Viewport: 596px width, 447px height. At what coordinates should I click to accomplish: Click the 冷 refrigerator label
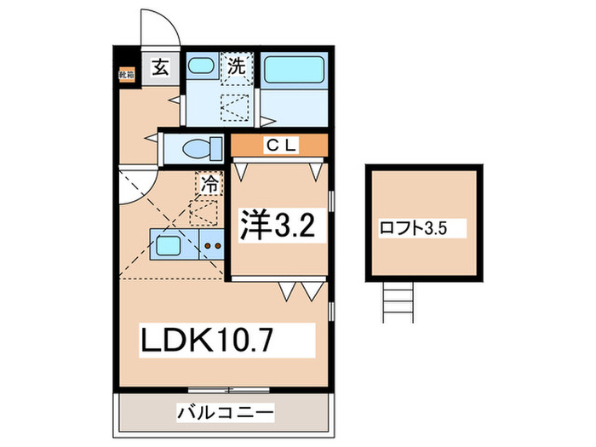pos(209,181)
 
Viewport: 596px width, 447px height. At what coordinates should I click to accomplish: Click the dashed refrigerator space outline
pos(203,208)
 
